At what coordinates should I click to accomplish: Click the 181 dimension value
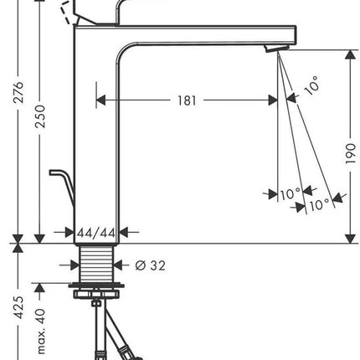187,100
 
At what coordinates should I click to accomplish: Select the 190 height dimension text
351,154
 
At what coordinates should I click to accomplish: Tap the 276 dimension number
19,92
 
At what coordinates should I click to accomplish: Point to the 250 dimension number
40,116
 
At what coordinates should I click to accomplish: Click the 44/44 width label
96,233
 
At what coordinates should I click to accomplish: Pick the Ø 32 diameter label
150,265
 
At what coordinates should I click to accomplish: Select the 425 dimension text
19,307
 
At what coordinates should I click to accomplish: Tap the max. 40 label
41,331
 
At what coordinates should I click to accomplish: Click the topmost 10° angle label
311,85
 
